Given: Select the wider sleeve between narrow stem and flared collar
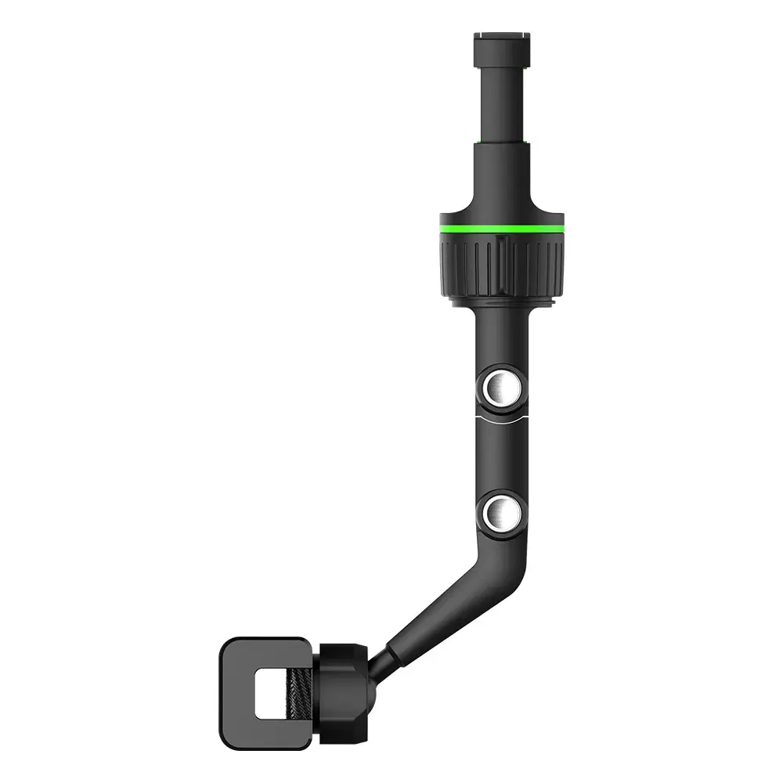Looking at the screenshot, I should click(x=501, y=168).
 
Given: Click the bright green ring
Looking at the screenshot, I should click(x=501, y=229).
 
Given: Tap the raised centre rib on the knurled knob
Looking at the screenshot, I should click(x=502, y=266).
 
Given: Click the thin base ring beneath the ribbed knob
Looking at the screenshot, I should click(x=502, y=301).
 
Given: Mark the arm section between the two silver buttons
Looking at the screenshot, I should click(x=501, y=458).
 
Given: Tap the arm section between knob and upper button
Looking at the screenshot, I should click(x=501, y=337).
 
